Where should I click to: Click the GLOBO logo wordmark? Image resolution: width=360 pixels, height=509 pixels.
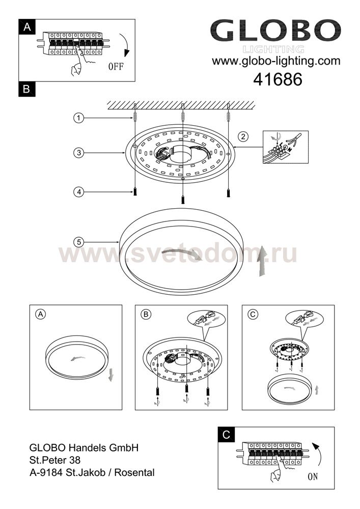(275, 30)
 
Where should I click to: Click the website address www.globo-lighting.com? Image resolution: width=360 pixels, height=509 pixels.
(276, 61)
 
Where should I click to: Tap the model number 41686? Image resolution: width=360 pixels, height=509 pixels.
(278, 79)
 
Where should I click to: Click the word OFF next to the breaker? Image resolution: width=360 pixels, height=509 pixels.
(116, 67)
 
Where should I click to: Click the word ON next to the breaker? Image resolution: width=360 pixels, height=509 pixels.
(313, 476)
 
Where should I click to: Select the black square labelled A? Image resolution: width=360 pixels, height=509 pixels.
(27, 27)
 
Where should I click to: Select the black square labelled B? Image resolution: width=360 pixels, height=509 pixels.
(27, 89)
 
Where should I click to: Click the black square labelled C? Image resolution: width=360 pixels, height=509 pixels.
(226, 435)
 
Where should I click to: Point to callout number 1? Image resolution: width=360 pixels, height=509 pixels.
(78, 118)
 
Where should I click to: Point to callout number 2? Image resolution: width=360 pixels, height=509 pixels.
(243, 136)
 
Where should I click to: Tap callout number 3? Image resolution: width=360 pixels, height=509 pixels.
(78, 153)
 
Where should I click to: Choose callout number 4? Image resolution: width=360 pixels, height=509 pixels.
(78, 192)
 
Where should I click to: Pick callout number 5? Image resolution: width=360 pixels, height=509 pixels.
(78, 242)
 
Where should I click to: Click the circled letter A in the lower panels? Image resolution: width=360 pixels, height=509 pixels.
(41, 314)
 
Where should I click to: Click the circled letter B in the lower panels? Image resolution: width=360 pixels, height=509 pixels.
(146, 314)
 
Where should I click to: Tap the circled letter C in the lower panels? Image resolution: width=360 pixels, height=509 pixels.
(253, 314)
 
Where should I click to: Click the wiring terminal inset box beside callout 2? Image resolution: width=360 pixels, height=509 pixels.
(285, 147)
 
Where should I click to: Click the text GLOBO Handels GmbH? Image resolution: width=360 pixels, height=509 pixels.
(84, 447)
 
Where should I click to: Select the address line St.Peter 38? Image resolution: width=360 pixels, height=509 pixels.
(55, 460)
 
